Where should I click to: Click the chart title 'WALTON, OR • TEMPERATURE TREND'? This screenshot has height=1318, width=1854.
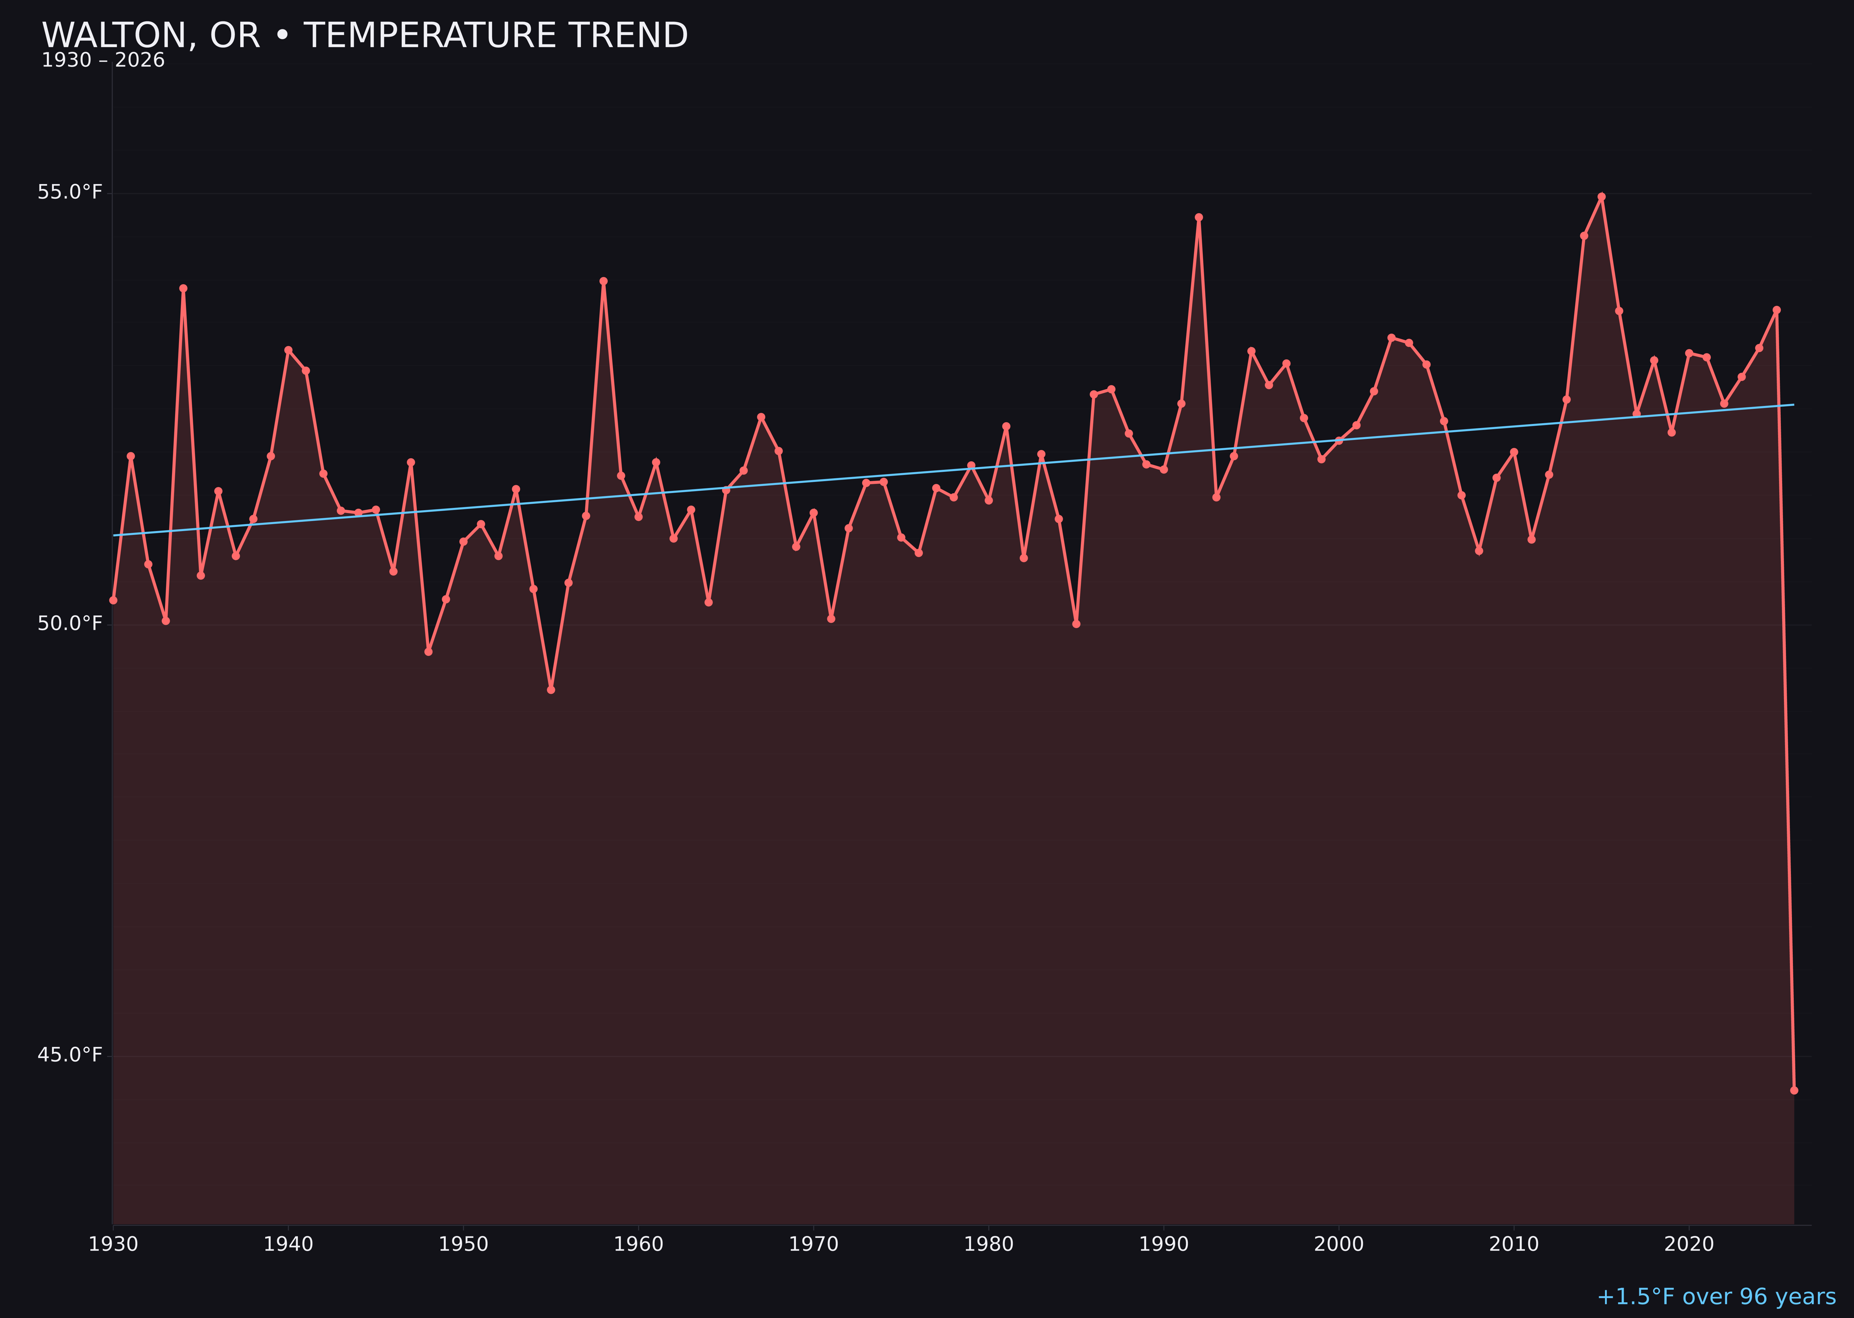364,36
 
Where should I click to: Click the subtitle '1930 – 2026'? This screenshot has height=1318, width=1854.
103,61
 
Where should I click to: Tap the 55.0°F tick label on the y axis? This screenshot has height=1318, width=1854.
70,192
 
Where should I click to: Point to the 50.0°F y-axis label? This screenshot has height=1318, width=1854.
70,623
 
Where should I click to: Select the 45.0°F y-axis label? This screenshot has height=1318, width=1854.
70,1054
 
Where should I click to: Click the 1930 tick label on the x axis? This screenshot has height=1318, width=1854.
114,1244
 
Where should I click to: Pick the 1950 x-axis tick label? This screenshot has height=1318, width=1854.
463,1244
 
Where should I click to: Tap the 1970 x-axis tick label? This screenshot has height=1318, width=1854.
813,1244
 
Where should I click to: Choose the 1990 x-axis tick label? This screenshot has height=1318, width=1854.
1164,1244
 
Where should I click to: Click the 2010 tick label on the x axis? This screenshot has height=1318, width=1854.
1514,1244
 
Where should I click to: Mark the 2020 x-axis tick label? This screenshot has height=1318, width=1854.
1689,1244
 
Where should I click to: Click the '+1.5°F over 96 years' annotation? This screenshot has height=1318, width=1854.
1716,1297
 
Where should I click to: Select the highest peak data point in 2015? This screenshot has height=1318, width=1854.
1601,196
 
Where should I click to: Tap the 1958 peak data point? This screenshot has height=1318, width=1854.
603,282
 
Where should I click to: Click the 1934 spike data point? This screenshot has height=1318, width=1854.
184,288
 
